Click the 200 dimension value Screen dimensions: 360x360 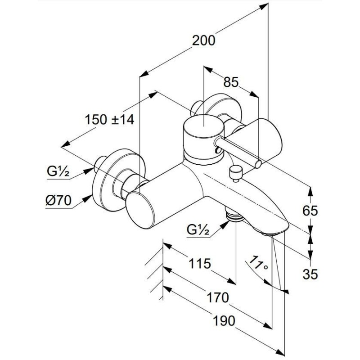[x=203, y=40]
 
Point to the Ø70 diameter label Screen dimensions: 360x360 [x=58, y=201]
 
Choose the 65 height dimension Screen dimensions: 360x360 [x=310, y=210]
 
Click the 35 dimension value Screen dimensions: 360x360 [x=310, y=273]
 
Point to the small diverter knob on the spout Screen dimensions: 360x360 [x=234, y=171]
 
